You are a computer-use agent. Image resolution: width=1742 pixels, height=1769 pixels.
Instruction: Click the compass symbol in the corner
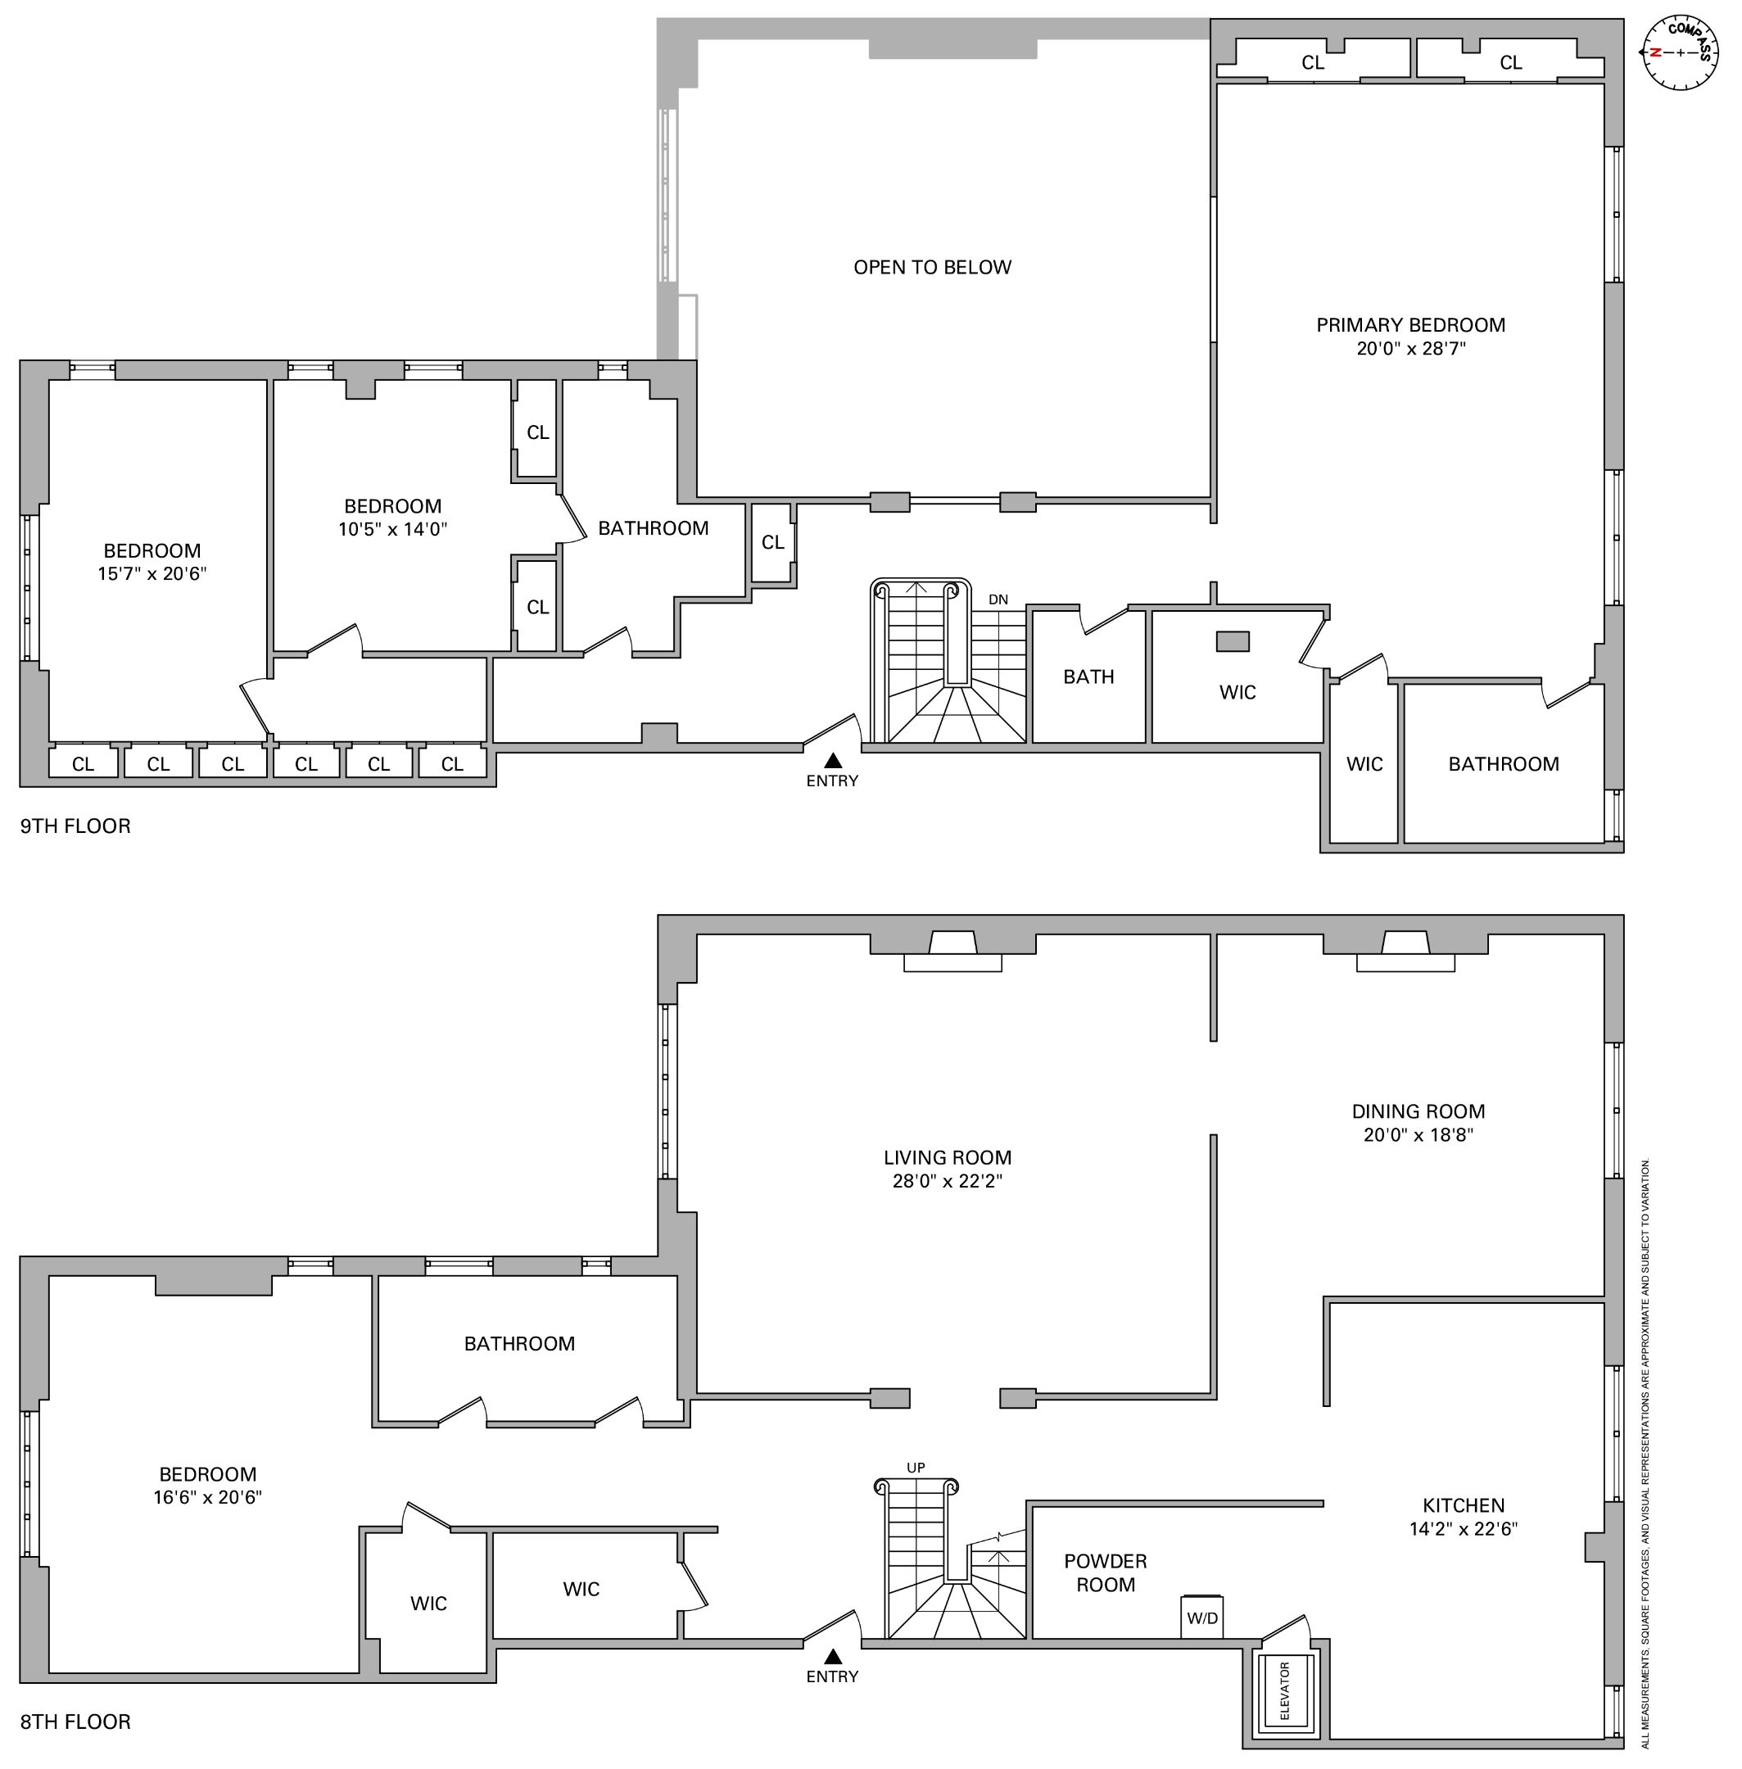coord(1680,52)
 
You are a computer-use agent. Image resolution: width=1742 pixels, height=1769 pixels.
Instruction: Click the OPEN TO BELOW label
coord(931,267)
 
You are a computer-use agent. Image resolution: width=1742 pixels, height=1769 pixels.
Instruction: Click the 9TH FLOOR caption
coord(75,826)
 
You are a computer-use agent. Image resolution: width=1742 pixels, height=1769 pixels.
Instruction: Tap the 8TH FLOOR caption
coord(75,1721)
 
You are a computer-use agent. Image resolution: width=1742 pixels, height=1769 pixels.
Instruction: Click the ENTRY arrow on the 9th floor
coord(833,760)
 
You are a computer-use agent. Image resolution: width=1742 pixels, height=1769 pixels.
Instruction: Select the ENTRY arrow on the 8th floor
coord(833,1656)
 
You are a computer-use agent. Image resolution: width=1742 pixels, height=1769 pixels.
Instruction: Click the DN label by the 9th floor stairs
coord(998,600)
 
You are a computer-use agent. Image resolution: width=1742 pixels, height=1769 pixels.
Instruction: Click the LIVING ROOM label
coord(947,1158)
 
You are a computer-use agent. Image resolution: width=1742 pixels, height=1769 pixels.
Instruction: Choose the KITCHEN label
coord(1463,1504)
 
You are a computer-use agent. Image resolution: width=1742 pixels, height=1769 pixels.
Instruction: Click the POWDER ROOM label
coord(1105,1572)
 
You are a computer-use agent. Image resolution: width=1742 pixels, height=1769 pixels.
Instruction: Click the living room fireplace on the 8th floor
coord(952,952)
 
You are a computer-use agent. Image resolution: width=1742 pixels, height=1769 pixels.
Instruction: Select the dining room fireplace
coord(1405,952)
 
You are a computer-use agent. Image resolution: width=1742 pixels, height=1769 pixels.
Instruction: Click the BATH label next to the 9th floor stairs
coord(1088,676)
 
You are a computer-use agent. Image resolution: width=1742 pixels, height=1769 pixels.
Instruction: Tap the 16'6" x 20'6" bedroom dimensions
coord(208,1497)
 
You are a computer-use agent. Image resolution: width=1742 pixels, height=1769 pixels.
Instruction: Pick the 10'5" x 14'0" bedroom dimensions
coord(392,529)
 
